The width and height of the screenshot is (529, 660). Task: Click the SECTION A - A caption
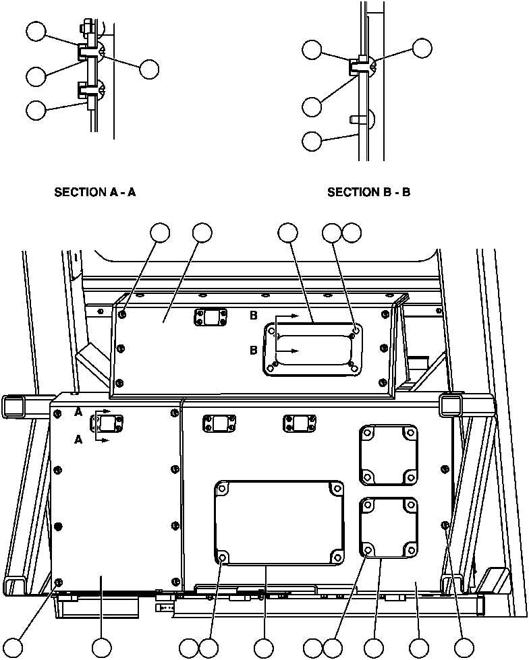point(95,192)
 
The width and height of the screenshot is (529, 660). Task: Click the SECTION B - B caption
point(369,192)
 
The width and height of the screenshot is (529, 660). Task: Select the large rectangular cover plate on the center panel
point(279,522)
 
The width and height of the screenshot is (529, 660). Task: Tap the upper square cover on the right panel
point(387,454)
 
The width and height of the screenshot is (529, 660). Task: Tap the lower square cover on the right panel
point(387,527)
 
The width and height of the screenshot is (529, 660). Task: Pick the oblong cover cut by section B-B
point(314,348)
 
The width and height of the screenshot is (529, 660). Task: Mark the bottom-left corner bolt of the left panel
point(58,581)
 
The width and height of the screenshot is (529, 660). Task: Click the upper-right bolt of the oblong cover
point(355,330)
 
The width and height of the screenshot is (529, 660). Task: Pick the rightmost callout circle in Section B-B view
point(422,48)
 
